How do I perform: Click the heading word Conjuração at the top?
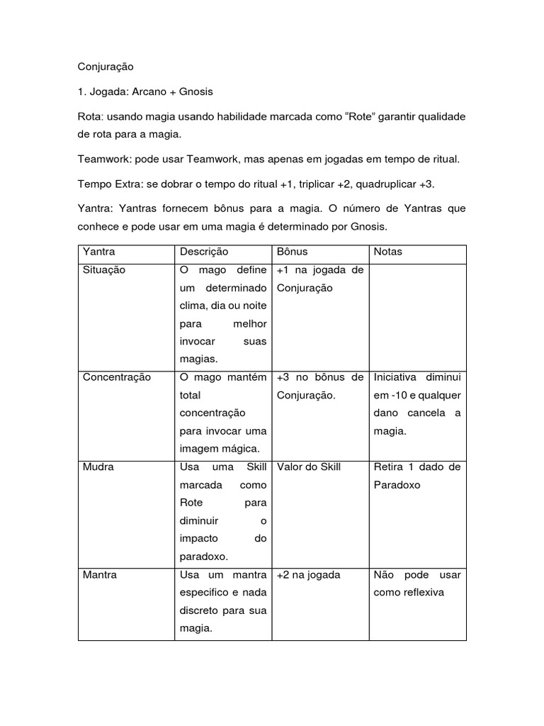point(106,67)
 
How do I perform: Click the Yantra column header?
point(99,252)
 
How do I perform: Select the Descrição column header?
point(204,252)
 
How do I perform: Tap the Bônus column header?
point(292,252)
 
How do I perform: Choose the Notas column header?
point(387,252)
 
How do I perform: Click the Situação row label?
point(104,270)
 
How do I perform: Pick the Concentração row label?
point(117,377)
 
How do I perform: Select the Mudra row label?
point(98,467)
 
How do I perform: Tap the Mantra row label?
point(100,574)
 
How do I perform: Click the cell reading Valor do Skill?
point(309,467)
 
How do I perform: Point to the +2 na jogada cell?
point(309,574)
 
